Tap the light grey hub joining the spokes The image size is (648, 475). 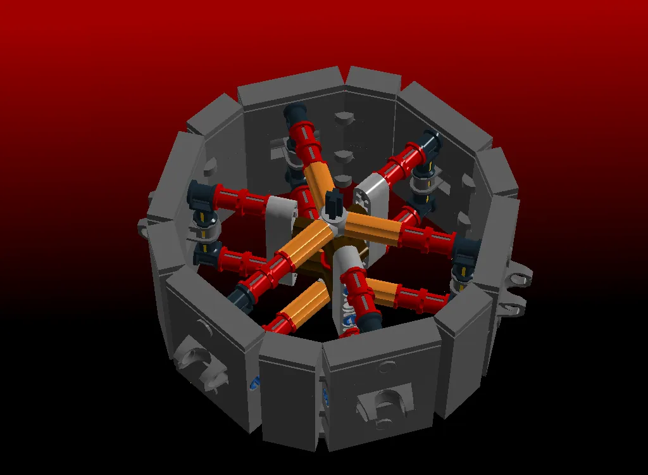click(333, 219)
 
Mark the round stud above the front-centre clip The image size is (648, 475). click(386, 365)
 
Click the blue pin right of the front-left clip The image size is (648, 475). click(255, 383)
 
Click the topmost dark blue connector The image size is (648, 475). click(295, 114)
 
